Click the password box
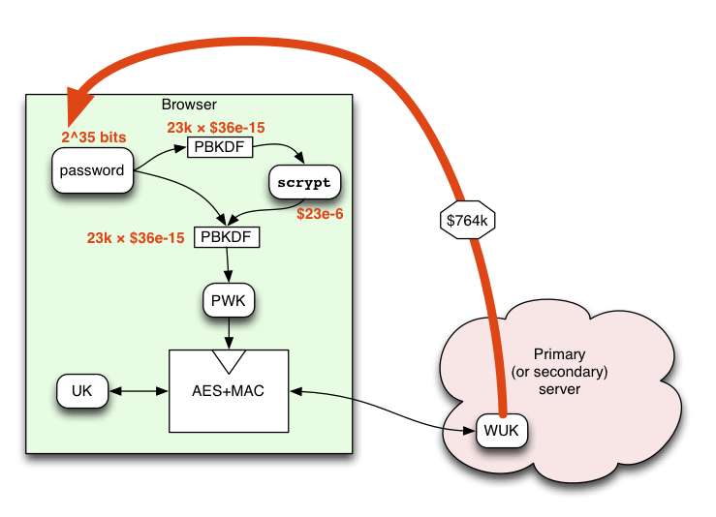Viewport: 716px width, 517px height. (93, 170)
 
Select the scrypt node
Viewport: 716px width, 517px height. (304, 182)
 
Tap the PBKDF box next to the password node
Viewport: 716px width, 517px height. (220, 147)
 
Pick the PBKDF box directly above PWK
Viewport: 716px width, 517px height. (227, 237)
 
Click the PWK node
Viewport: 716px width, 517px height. (229, 300)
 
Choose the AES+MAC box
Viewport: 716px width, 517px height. (229, 390)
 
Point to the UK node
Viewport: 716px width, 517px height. (82, 390)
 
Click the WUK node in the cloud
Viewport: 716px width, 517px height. (501, 430)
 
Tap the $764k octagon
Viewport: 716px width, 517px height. (467, 220)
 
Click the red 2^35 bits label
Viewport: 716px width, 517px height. (94, 137)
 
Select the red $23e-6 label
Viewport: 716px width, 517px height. (320, 214)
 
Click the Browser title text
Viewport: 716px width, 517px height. (189, 105)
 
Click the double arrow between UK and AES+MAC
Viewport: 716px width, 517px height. (139, 391)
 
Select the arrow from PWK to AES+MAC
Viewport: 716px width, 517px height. (229, 333)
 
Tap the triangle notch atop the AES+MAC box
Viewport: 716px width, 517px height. (229, 359)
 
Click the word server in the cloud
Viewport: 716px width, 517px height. (559, 389)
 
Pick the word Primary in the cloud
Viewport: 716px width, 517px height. (559, 354)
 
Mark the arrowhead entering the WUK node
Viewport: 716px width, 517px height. (469, 431)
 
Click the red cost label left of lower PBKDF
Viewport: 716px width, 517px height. (136, 238)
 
